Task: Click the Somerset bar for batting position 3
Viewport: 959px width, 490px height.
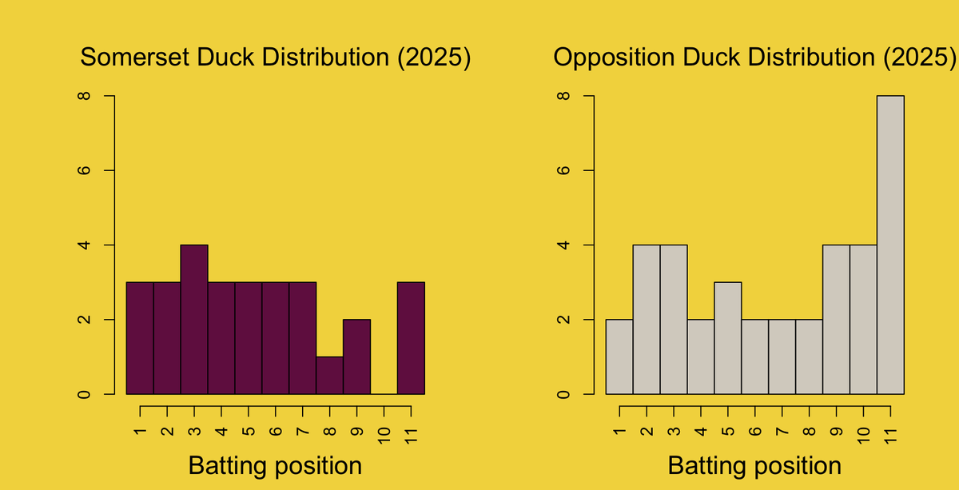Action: click(x=194, y=320)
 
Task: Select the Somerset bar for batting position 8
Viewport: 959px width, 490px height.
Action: click(x=329, y=376)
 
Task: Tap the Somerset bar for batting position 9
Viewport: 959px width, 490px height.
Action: click(x=356, y=357)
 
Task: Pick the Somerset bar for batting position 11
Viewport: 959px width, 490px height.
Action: click(x=411, y=338)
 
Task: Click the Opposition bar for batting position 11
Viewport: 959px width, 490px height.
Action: click(x=890, y=245)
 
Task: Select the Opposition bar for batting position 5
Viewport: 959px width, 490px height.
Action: click(x=728, y=338)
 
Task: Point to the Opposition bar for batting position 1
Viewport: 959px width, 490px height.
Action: click(x=619, y=357)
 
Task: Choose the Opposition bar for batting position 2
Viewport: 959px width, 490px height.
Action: click(x=647, y=320)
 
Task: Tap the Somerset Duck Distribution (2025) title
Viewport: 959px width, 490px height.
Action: click(x=276, y=58)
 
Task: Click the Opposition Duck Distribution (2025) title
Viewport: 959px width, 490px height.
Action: click(x=755, y=58)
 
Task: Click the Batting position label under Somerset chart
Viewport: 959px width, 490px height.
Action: click(x=275, y=465)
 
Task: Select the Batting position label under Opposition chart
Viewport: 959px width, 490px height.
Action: click(x=754, y=465)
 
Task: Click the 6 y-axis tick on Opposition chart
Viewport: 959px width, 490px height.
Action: click(x=562, y=170)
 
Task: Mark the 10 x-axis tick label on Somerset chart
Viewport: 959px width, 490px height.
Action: click(x=384, y=435)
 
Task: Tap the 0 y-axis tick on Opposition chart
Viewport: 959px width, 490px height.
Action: click(x=562, y=394)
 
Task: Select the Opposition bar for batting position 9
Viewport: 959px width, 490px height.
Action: click(x=836, y=320)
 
